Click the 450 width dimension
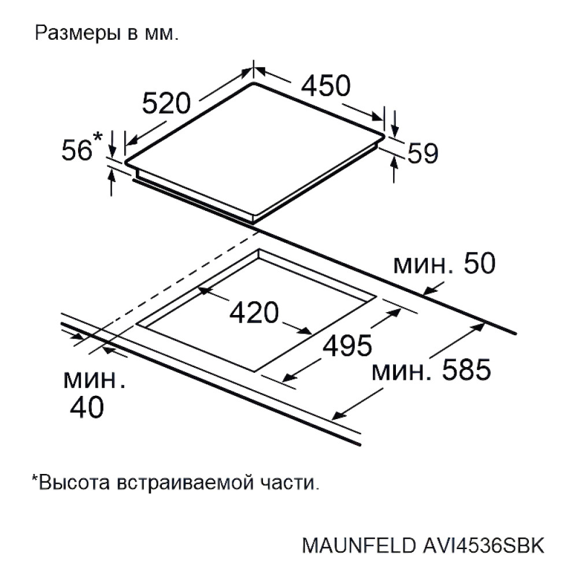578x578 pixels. [325, 86]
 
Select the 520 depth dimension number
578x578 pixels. [166, 103]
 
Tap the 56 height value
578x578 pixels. [77, 150]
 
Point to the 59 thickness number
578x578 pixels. [423, 153]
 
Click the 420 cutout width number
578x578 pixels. [254, 313]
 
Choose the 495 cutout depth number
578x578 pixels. [347, 346]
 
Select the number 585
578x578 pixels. [466, 370]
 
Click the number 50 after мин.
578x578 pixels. [479, 264]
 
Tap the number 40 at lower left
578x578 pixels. [87, 407]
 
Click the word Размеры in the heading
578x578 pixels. [78, 33]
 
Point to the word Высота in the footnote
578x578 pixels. [74, 483]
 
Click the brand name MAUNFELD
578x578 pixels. [358, 546]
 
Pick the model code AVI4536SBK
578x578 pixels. [483, 546]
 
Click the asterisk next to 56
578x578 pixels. [97, 136]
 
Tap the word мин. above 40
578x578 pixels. [94, 380]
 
